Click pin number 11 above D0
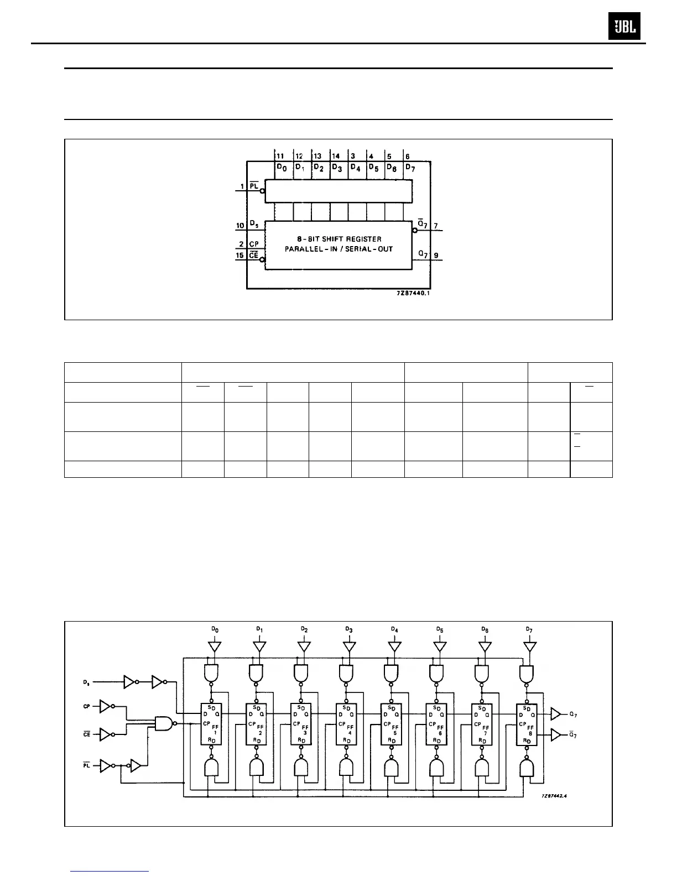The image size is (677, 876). [x=280, y=157]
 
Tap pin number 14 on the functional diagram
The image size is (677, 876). [x=336, y=157]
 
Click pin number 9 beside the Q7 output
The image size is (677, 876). [x=436, y=255]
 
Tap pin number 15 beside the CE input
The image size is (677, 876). [x=239, y=255]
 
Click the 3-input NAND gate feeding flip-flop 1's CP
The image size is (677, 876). [x=164, y=723]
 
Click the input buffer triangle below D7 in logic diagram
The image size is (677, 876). [x=530, y=646]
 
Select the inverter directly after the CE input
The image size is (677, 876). [x=105, y=734]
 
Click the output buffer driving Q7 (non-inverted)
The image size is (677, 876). [x=556, y=715]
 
